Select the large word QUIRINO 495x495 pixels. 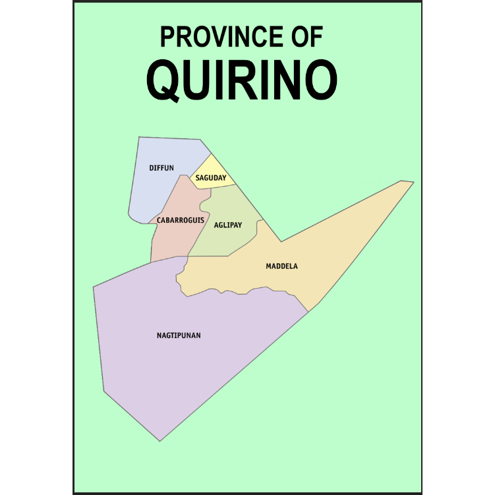242,81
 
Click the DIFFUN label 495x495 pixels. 161,168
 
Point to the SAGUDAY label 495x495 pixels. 211,178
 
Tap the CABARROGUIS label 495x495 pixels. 181,219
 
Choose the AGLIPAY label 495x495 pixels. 228,225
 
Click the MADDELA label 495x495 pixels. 281,266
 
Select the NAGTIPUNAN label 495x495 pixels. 179,335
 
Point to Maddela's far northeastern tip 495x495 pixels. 413,182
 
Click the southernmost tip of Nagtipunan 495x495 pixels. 160,440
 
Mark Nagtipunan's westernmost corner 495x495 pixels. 94,287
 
